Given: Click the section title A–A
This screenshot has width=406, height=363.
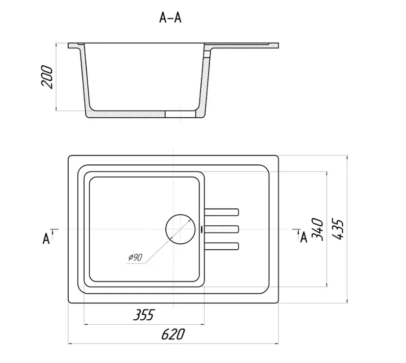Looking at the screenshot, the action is point(170,18).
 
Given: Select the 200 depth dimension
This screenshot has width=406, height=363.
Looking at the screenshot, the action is point(47,77).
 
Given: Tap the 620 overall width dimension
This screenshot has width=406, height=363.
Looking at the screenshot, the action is point(173,334).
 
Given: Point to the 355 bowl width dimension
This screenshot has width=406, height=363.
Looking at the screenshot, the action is point(144,314).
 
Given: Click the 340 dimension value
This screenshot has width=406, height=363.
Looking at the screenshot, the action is point(317,230).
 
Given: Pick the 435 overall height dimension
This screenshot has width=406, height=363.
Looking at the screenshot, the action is point(338,230).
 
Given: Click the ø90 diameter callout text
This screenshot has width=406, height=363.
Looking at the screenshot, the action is point(135,257).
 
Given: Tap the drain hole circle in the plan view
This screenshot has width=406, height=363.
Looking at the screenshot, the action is point(180,229).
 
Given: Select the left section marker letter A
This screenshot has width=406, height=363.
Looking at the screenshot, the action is point(46,238).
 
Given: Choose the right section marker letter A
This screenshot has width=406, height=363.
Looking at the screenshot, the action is point(304,237).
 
